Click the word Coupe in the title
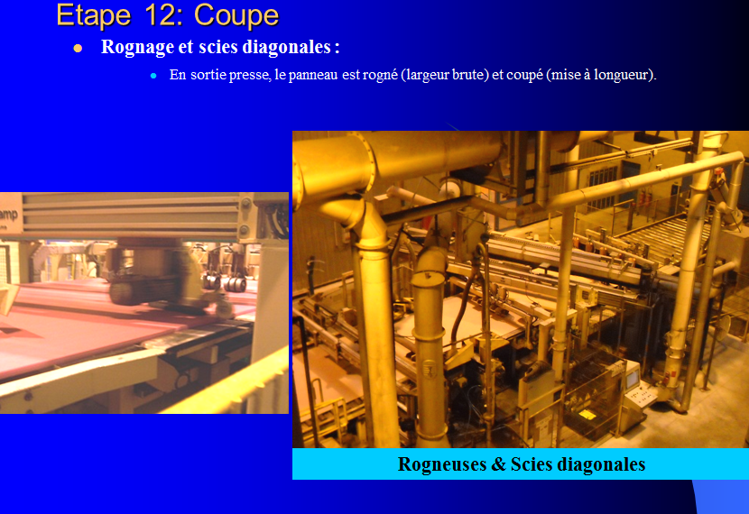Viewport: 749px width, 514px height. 236,15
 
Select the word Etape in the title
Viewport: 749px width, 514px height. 94,15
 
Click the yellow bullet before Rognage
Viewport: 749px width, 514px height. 78,48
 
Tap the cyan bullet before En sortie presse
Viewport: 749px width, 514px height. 153,76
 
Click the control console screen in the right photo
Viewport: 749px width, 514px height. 633,380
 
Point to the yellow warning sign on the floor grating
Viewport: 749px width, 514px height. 587,414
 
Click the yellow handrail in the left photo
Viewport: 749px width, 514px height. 224,382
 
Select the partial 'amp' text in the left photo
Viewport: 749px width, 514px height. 9,215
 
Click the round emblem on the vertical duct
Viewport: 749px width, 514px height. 430,369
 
